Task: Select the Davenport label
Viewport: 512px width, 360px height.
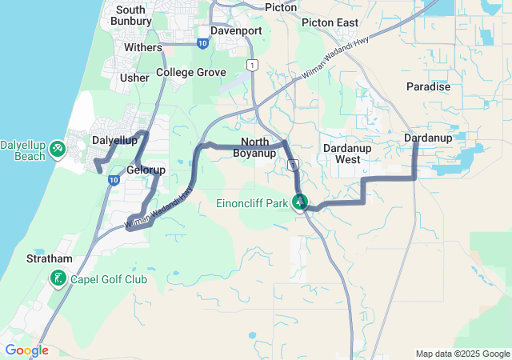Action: (236, 30)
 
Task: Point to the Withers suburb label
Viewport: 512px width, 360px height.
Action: (142, 48)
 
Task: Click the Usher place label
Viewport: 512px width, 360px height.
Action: (134, 78)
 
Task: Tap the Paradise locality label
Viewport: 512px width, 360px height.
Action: (428, 86)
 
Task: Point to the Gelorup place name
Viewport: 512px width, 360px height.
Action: (146, 170)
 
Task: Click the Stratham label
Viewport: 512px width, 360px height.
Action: (50, 259)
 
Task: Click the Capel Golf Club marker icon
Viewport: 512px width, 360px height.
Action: (58, 279)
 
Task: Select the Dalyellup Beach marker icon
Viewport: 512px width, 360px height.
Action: (58, 149)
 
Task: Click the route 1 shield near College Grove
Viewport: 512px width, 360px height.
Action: (253, 65)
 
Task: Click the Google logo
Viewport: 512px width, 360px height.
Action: (26, 350)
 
